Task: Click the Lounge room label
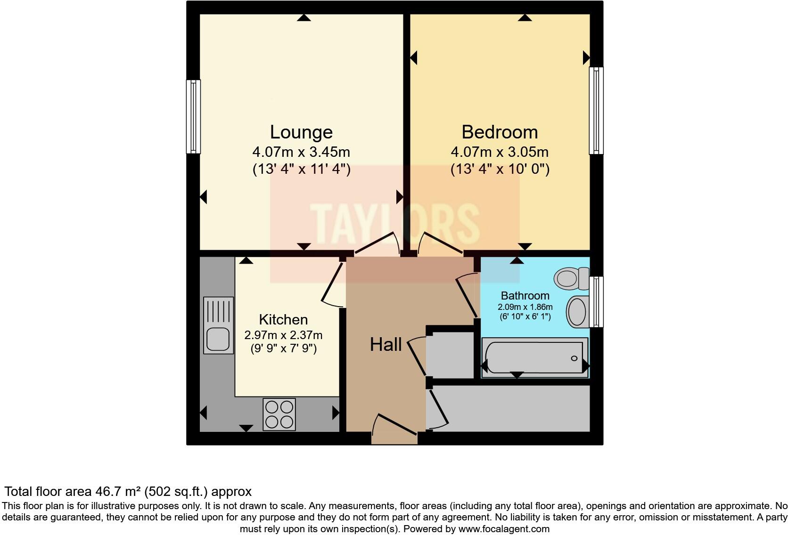[301, 132]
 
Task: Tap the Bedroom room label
[500, 132]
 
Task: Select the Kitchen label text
[283, 320]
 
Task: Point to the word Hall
[386, 345]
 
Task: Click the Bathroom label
[525, 296]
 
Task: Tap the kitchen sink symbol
[218, 325]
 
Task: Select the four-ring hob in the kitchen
[279, 414]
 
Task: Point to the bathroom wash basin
[577, 311]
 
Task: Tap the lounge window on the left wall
[193, 116]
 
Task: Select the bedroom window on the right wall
[596, 111]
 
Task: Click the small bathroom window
[596, 301]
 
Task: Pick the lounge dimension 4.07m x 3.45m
[301, 152]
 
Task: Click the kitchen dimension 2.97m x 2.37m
[283, 335]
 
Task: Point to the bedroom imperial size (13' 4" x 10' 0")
[500, 169]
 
